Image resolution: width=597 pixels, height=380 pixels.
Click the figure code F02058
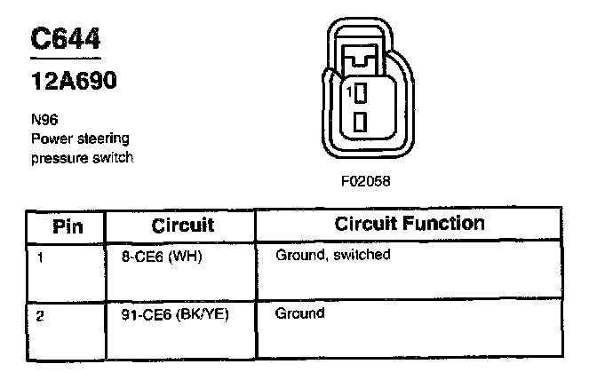(x=365, y=180)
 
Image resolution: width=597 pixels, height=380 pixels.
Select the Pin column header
(x=68, y=225)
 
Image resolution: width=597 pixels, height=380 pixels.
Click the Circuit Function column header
(x=410, y=223)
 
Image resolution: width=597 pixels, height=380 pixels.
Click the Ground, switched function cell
(x=333, y=256)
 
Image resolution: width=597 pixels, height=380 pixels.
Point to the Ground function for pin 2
(x=299, y=313)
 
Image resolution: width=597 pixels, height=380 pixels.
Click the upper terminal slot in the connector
(x=360, y=91)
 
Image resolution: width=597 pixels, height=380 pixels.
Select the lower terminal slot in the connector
(x=360, y=121)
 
